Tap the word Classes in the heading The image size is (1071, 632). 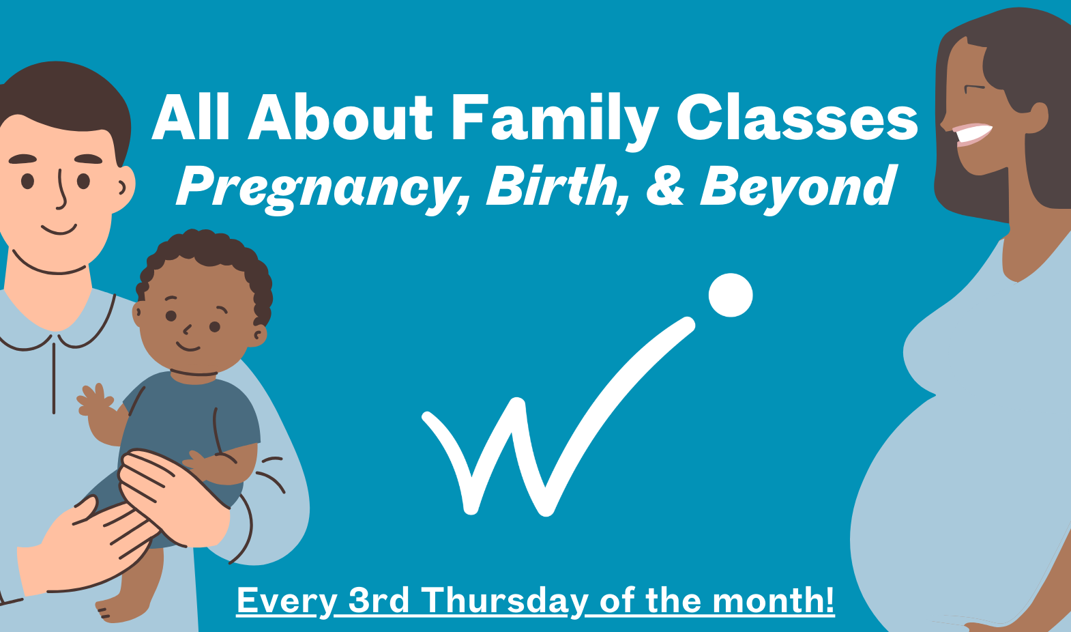(x=797, y=117)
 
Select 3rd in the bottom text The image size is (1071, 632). (x=379, y=600)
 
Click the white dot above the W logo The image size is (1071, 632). (x=731, y=296)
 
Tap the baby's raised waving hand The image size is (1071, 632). (x=96, y=401)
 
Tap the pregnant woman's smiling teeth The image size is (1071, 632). (x=971, y=132)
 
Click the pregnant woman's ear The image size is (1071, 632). (x=1037, y=117)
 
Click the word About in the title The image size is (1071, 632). (x=340, y=117)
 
